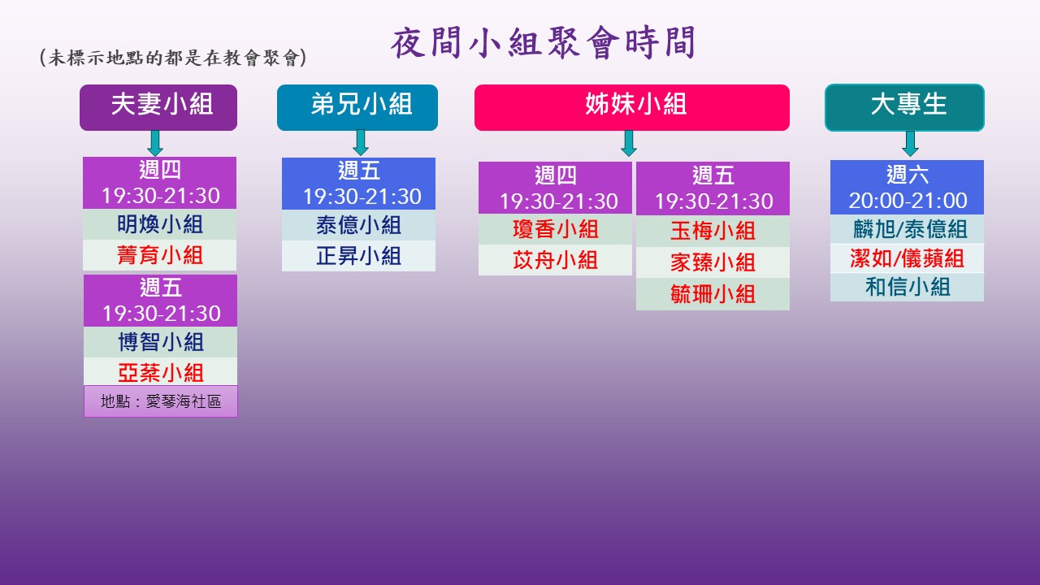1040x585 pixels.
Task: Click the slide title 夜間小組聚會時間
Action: pos(543,43)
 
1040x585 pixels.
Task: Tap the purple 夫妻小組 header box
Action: pos(158,107)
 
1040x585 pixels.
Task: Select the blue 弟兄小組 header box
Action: pos(357,107)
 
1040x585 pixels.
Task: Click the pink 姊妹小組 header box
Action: pos(632,107)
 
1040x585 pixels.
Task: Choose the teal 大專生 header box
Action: pos(904,107)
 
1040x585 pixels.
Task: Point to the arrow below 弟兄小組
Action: pos(361,142)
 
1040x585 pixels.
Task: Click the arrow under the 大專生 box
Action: pos(911,144)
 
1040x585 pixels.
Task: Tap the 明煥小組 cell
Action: pos(160,224)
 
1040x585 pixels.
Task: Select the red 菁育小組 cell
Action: pos(160,255)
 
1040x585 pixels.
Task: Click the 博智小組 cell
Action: pos(160,342)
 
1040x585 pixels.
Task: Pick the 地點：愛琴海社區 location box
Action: pos(161,401)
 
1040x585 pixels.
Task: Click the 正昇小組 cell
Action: pos(358,256)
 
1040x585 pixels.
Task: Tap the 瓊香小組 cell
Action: pos(555,229)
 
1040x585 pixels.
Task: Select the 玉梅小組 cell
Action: pos(713,231)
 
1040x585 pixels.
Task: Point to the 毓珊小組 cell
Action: pos(713,294)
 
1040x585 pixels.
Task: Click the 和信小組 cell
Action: pos(908,287)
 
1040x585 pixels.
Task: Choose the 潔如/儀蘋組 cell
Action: pos(908,258)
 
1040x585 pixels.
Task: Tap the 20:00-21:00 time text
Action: pos(908,201)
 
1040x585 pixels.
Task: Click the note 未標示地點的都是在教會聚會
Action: pos(173,58)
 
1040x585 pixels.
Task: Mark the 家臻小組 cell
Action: pos(713,262)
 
